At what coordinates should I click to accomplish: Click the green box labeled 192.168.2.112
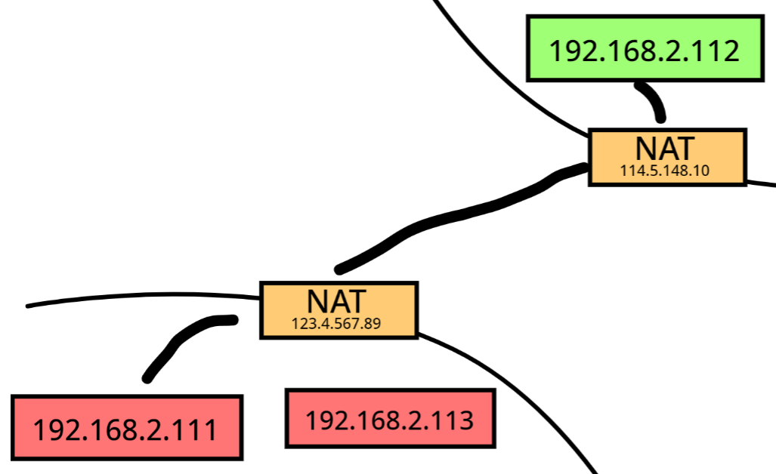643,49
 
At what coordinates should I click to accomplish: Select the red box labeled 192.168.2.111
127,427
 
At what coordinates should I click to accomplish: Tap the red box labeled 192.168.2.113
389,418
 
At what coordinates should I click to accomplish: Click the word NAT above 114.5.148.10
666,148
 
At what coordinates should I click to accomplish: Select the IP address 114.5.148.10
665,171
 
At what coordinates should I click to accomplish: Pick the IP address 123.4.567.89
335,324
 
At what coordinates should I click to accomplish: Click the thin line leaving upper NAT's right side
761,183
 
